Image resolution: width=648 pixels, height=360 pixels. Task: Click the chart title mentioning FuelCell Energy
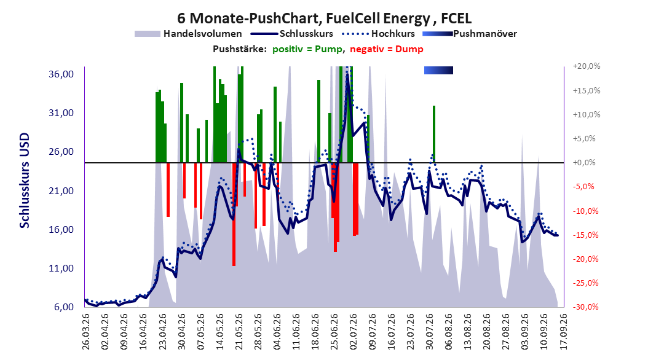tap(325, 18)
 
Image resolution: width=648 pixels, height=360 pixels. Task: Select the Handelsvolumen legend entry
tap(189, 34)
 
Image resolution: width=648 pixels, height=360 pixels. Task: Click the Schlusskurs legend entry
tap(292, 34)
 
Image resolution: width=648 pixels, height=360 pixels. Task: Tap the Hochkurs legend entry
tap(379, 34)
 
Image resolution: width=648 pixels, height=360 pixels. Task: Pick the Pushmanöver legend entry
tap(470, 34)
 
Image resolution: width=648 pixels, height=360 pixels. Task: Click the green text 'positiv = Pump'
tap(307, 49)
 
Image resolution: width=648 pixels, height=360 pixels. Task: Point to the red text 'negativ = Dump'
tap(387, 49)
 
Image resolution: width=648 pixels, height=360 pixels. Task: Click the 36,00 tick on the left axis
tap(61, 74)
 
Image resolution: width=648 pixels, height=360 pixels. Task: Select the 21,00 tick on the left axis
tap(61, 190)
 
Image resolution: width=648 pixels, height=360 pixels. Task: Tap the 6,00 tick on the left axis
tap(64, 307)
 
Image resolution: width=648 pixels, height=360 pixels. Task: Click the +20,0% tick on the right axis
tap(587, 66)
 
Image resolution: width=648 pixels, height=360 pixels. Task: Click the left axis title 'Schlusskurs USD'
tap(25, 181)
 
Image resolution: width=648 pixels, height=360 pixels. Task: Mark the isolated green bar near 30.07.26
tap(434, 134)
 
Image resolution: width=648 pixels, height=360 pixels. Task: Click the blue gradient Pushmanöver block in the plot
tap(438, 70)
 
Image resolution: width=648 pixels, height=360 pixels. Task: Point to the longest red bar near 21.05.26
tap(234, 214)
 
